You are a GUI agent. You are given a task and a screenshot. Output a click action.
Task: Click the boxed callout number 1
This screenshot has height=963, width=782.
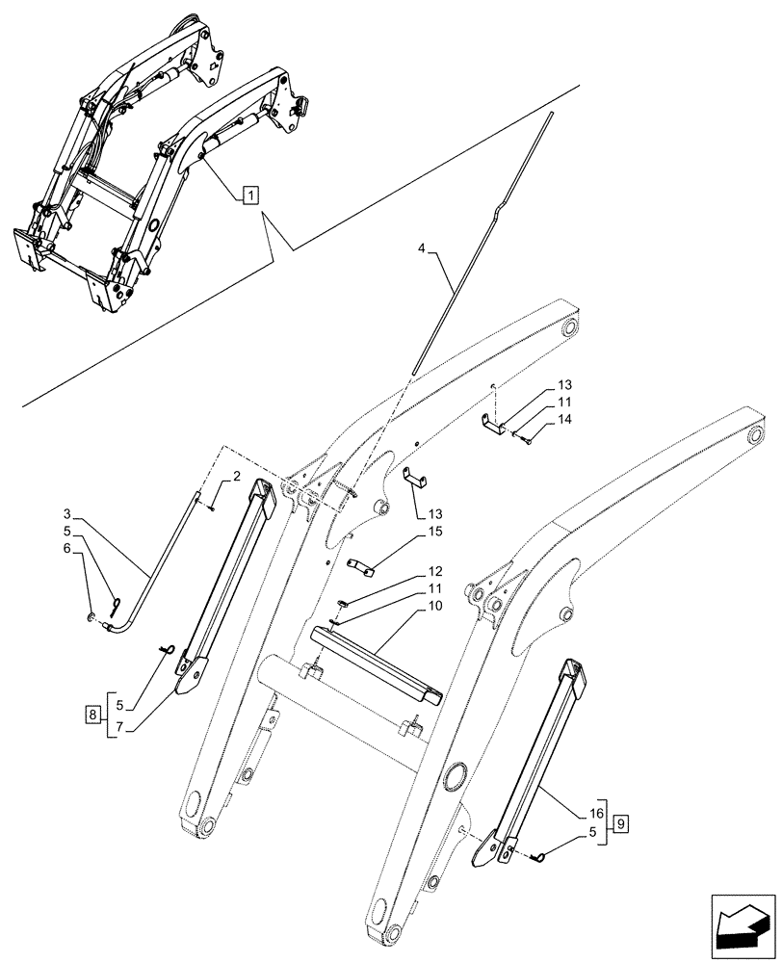click(249, 196)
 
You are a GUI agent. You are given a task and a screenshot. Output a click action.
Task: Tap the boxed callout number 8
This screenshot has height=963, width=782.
click(91, 714)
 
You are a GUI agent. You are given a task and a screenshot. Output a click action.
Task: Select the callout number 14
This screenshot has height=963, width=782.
click(563, 421)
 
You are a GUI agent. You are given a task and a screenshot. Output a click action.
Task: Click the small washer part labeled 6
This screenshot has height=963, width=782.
click(91, 617)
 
